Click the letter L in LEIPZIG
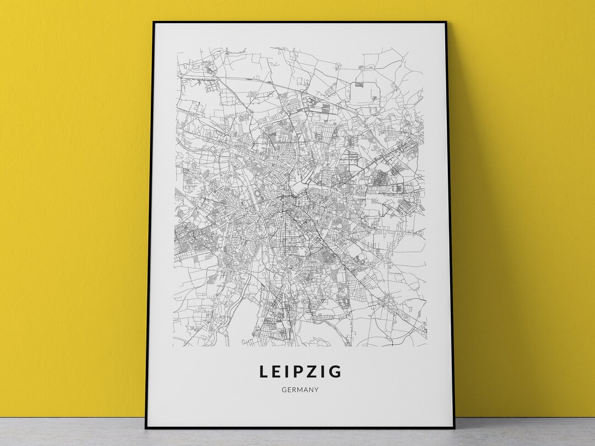(x=264, y=372)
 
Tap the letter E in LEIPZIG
(x=278, y=372)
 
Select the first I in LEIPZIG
(x=289, y=372)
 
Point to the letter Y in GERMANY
(x=317, y=390)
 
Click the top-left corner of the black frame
(x=153, y=22)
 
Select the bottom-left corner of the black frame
(x=146, y=428)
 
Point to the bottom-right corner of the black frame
(x=454, y=427)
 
